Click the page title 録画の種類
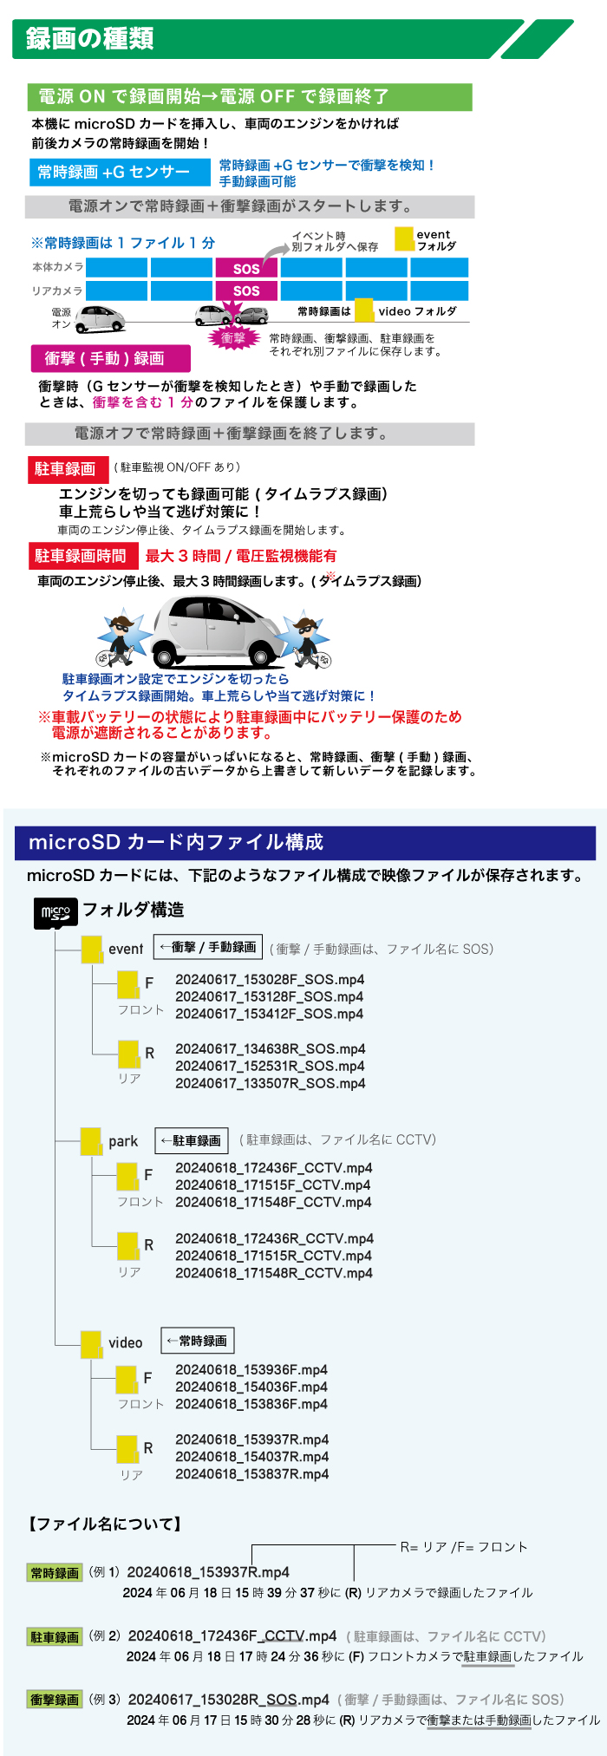click(90, 39)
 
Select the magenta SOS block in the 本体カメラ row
click(246, 269)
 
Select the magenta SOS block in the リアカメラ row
click(246, 291)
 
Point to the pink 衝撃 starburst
click(233, 338)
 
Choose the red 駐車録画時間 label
click(80, 556)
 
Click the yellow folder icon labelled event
click(92, 949)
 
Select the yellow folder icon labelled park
click(91, 1141)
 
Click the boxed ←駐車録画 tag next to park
click(192, 1141)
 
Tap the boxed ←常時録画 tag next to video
click(198, 1341)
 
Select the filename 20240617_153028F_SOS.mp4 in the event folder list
click(270, 980)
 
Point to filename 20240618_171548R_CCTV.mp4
click(274, 1273)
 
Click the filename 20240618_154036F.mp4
click(251, 1387)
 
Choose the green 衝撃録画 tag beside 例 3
click(55, 1700)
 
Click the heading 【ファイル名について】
click(105, 1524)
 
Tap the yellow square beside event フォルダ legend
click(404, 238)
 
